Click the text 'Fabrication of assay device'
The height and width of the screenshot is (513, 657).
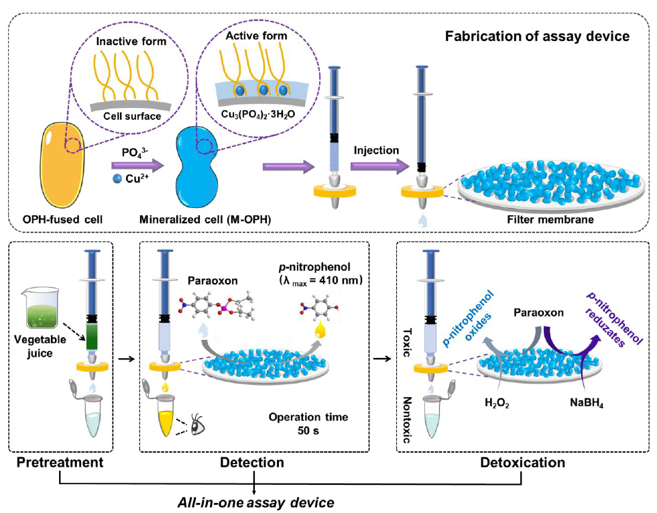point(538,36)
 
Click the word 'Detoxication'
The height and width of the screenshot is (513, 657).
point(522,463)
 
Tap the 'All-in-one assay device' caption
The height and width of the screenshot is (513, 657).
point(255,501)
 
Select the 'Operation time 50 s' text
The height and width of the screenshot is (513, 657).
point(308,423)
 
